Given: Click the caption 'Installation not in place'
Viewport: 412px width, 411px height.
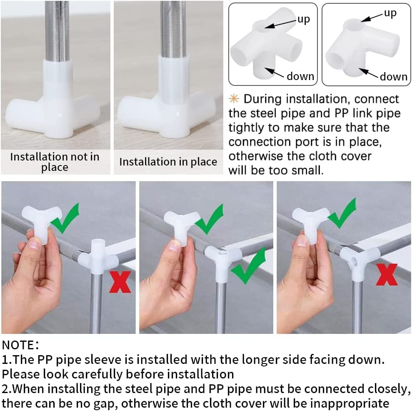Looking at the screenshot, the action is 55,162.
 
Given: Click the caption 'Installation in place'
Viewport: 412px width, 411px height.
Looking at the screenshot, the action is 168,162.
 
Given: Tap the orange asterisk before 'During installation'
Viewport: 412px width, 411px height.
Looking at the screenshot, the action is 234,99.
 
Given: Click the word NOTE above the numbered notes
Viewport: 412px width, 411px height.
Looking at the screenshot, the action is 18,345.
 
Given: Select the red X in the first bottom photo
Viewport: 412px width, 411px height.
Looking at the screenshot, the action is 120,282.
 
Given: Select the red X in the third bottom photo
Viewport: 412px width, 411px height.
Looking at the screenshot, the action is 387,275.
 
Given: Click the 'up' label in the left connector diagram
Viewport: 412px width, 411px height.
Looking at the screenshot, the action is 304,20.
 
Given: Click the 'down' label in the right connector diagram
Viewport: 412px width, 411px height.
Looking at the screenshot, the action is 394,77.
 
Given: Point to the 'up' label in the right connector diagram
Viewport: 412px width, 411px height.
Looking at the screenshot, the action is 390,13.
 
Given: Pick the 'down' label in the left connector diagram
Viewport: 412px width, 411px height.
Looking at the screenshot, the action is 300,76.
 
